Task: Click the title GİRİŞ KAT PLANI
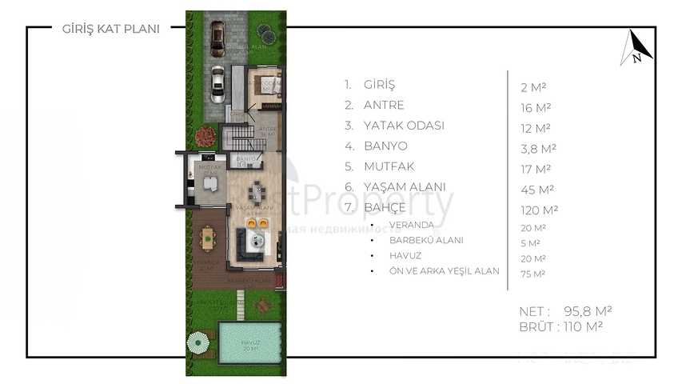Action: [110, 29]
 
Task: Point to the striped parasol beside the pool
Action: [198, 342]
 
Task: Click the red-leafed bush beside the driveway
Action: [265, 32]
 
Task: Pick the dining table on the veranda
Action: [208, 236]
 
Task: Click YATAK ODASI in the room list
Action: [393, 126]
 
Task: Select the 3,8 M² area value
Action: [537, 147]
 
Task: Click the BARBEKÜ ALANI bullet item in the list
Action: [425, 240]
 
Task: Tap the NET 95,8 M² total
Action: [568, 310]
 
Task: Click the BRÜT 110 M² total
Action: [560, 326]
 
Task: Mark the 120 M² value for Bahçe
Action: [539, 210]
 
